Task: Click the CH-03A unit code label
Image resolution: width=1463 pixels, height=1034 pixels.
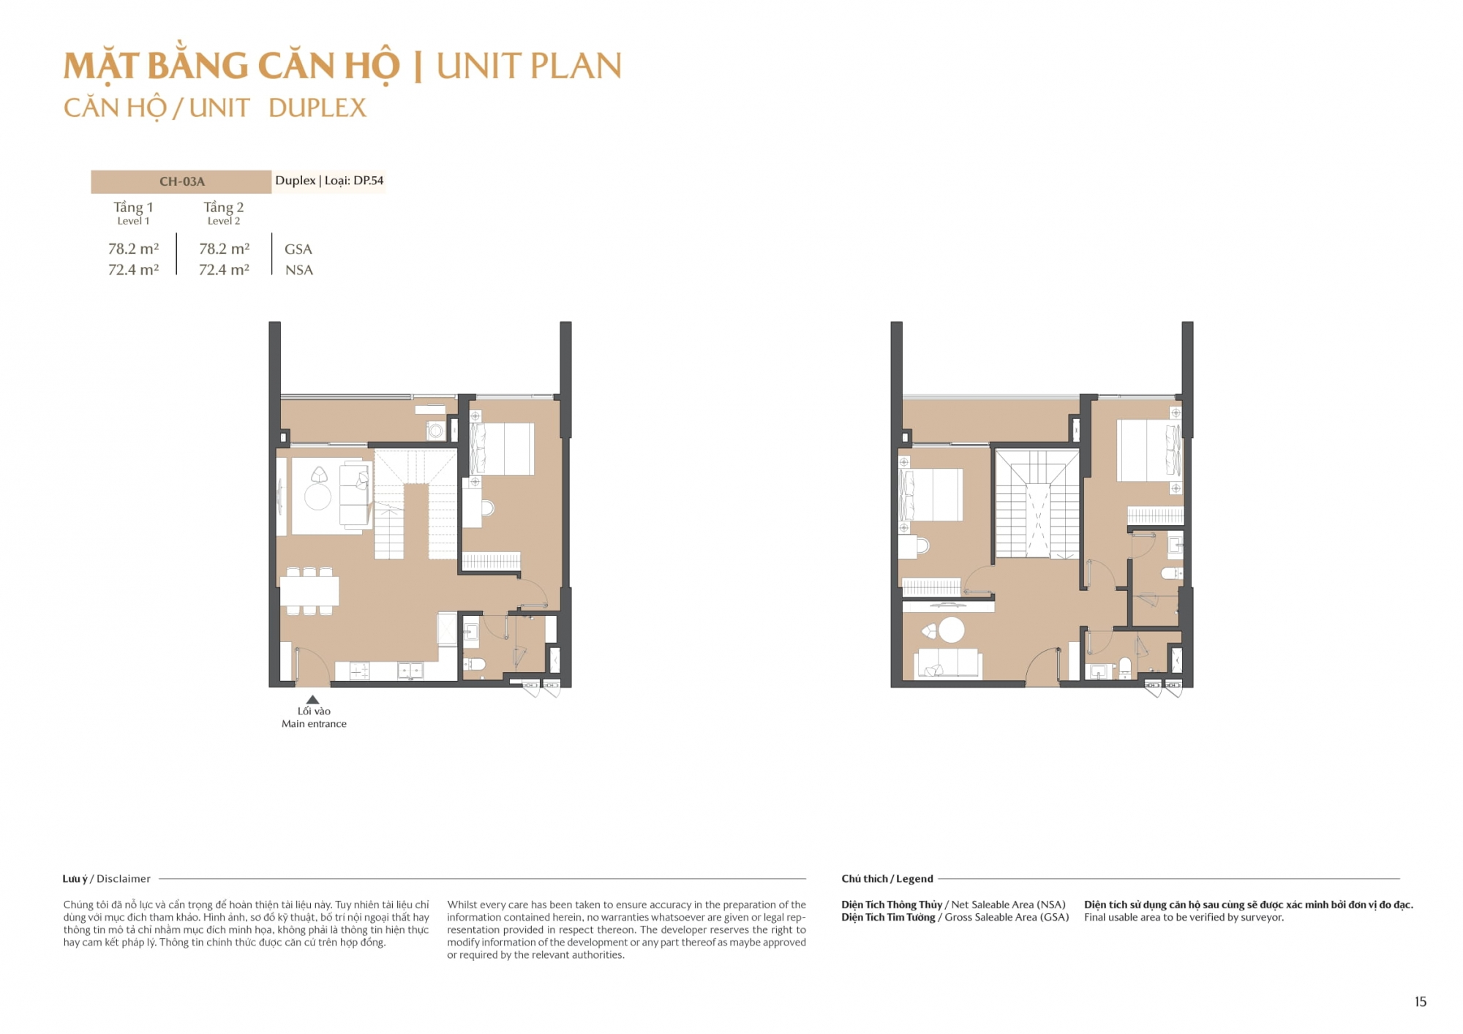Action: click(x=182, y=181)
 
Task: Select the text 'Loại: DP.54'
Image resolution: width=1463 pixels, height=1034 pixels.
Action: click(x=354, y=181)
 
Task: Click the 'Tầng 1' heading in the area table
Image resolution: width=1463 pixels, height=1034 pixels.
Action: click(x=133, y=207)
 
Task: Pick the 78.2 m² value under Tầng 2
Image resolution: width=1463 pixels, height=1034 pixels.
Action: click(x=224, y=249)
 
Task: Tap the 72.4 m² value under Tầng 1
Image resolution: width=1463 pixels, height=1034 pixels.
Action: click(x=133, y=270)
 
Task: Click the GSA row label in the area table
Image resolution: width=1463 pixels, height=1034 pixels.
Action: click(x=298, y=249)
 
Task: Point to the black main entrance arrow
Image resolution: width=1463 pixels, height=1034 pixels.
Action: click(x=312, y=700)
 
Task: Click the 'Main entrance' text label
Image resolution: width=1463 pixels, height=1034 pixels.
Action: click(x=314, y=724)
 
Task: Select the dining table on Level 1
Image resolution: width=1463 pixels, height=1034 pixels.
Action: click(x=309, y=591)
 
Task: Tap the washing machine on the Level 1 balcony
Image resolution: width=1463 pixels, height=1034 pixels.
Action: click(x=436, y=431)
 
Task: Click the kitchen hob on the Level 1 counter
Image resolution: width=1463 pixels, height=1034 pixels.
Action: click(x=359, y=671)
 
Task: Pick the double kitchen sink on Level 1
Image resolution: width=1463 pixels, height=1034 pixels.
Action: click(x=410, y=670)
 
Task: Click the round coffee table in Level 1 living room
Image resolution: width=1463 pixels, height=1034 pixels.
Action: click(x=317, y=497)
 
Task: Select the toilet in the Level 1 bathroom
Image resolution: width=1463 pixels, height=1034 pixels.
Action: click(x=474, y=664)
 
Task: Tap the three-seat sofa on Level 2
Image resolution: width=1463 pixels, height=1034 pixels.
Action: click(x=948, y=663)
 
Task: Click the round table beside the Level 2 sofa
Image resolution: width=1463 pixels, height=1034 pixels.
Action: click(x=951, y=630)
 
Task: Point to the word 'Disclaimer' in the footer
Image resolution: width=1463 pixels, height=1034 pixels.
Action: click(x=124, y=879)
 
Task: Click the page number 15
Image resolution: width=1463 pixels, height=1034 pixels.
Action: click(x=1421, y=1002)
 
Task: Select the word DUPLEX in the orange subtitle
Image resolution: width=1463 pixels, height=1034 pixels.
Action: click(x=317, y=108)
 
